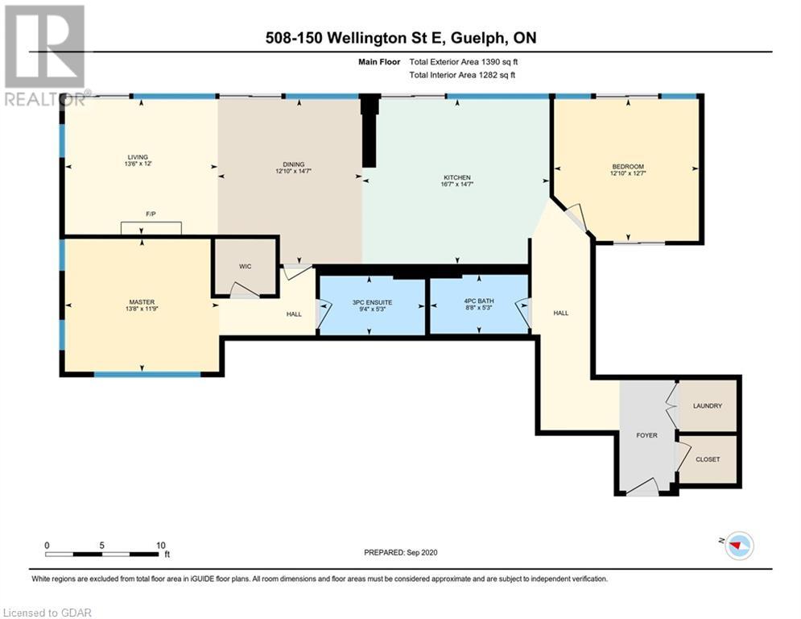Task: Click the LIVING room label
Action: pos(138,157)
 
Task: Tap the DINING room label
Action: pos(293,164)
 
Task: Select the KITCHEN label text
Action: pos(456,177)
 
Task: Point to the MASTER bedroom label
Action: pos(142,301)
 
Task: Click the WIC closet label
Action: pos(246,267)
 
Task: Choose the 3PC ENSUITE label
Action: pos(373,302)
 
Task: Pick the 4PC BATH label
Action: pos(479,301)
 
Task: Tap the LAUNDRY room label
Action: pos(708,405)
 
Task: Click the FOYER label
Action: pos(646,435)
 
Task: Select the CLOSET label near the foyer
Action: pos(708,459)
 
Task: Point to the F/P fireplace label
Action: pos(151,214)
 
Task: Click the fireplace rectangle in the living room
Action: pos(151,228)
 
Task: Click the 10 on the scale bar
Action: pos(161,546)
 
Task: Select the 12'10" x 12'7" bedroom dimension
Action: pos(628,173)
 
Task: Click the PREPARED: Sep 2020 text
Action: pos(401,552)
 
